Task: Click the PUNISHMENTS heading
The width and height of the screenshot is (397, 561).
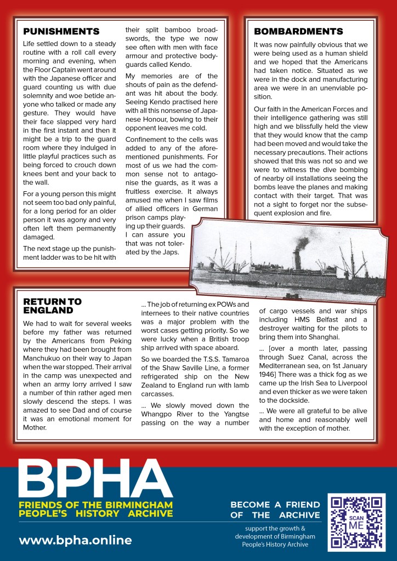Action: tap(61, 31)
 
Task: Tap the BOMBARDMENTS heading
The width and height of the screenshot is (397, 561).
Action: tap(298, 31)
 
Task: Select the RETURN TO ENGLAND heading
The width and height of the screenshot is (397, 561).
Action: tap(52, 306)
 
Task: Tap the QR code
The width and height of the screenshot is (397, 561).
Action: tap(356, 522)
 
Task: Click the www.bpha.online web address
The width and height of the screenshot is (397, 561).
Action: tap(76, 540)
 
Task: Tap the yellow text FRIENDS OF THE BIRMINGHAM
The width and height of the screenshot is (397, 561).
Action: tap(95, 505)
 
